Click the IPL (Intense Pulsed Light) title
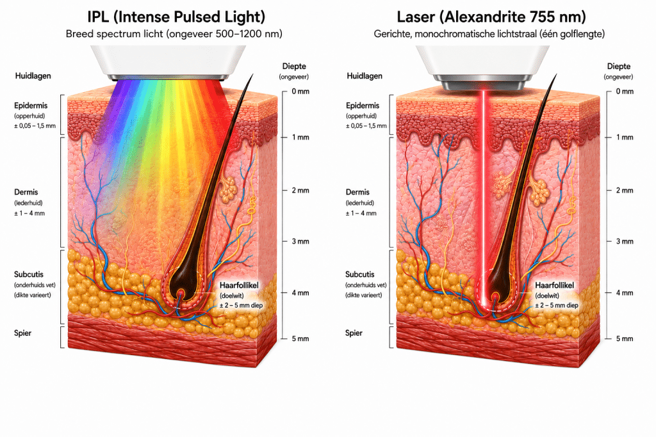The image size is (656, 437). tap(176, 17)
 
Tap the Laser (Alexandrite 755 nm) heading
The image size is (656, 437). tap(491, 17)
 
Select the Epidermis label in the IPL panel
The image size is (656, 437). tap(31, 106)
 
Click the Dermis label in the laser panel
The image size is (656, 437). tap(357, 192)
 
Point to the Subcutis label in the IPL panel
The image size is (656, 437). tap(29, 274)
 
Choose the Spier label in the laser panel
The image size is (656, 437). tap(354, 333)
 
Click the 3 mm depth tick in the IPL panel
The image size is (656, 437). tap(284, 241)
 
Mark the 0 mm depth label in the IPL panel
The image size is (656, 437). tap(301, 91)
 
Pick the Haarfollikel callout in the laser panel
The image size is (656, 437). tap(555, 285)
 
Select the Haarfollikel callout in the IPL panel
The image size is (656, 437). tap(240, 285)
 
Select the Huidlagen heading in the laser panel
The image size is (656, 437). tap(365, 76)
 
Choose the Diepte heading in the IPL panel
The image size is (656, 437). tap(294, 66)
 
